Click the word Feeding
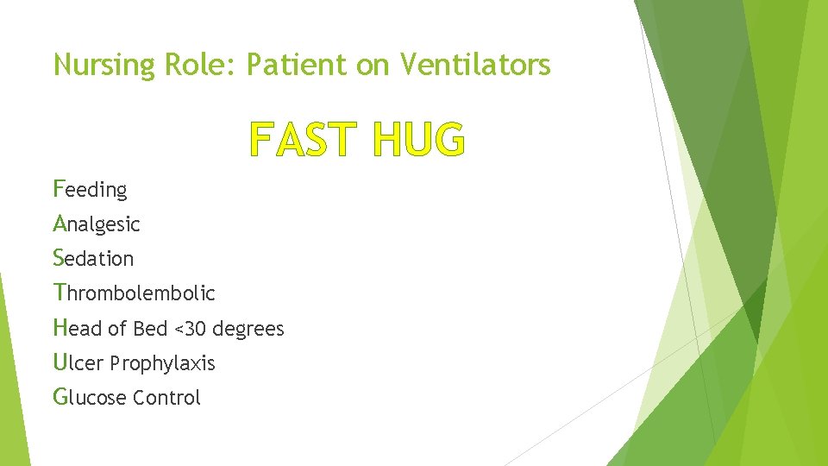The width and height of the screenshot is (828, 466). pos(90,189)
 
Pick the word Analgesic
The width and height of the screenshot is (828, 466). pos(96,224)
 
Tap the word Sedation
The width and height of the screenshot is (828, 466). pos(93,259)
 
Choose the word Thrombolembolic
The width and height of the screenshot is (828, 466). pos(134,293)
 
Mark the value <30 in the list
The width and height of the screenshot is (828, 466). pos(191,329)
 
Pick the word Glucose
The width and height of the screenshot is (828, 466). pos(90,398)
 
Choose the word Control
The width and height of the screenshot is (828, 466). pos(166,398)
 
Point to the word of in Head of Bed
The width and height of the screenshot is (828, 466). pos(117,329)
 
